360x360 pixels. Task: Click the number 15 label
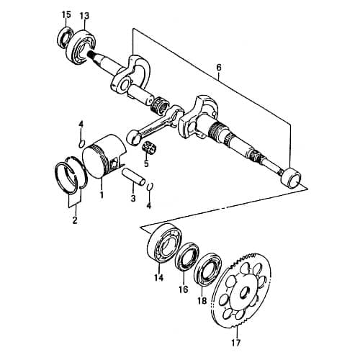click(66, 15)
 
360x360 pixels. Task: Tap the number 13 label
click(84, 15)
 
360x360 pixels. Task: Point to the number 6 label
click(218, 68)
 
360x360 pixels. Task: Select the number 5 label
click(146, 164)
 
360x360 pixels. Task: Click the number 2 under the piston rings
click(74, 221)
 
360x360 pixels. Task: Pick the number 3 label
click(133, 199)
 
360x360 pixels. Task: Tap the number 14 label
click(159, 277)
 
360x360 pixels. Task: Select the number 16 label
click(183, 289)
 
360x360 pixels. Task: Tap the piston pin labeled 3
click(135, 180)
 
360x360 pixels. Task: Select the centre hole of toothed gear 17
click(246, 294)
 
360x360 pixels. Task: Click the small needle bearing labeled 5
click(151, 148)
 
